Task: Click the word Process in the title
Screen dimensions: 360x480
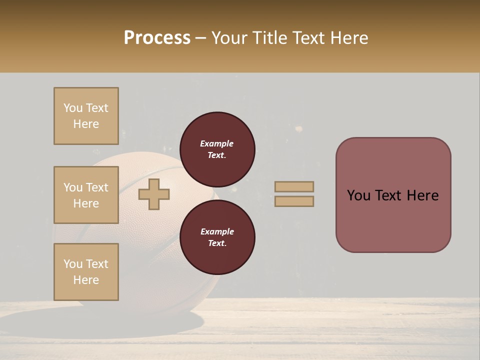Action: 157,37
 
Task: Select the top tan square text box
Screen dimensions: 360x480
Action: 86,116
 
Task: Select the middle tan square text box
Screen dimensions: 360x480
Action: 86,195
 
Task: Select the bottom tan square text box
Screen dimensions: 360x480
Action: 86,272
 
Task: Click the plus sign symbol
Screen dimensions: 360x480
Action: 154,194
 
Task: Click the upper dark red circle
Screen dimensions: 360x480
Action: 217,149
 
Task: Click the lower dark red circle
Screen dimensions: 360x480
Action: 217,237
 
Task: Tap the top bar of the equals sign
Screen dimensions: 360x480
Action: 294,186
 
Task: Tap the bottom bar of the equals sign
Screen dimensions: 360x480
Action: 294,201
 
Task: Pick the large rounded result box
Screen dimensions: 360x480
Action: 393,220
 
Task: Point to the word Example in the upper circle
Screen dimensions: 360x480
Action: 217,143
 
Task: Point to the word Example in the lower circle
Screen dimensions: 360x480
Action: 217,231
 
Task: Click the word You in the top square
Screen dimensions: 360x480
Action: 73,108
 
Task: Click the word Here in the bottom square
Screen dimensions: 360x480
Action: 86,280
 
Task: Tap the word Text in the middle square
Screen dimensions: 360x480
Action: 97,187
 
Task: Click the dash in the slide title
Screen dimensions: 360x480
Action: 201,38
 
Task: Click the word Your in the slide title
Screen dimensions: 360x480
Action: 228,38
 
